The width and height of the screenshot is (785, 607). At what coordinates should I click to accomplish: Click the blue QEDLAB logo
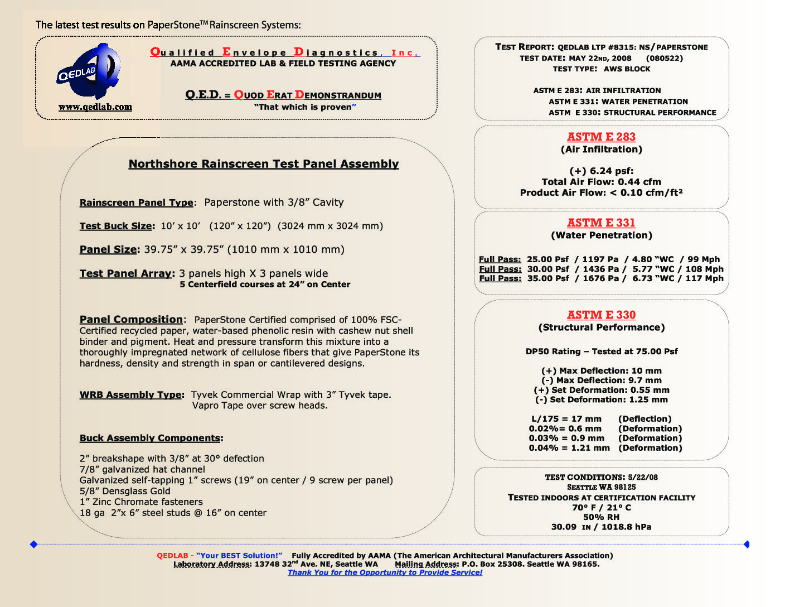pyautogui.click(x=89, y=71)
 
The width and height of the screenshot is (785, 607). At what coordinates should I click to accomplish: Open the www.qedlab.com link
pyautogui.click(x=95, y=107)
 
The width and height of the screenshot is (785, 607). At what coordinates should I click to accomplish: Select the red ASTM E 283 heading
pyautogui.click(x=601, y=137)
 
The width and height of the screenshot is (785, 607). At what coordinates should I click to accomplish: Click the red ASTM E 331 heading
pyautogui.click(x=601, y=223)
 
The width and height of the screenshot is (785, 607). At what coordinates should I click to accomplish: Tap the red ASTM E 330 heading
pyautogui.click(x=601, y=315)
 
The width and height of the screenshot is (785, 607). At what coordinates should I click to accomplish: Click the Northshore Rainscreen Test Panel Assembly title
pyautogui.click(x=264, y=164)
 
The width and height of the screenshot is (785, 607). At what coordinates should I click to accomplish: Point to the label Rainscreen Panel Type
pyautogui.click(x=137, y=203)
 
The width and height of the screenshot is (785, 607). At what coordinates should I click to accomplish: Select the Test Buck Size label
pyautogui.click(x=116, y=226)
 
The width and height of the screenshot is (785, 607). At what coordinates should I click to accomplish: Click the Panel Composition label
pyautogui.click(x=131, y=320)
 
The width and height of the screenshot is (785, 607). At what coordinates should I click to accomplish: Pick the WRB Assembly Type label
pyautogui.click(x=130, y=395)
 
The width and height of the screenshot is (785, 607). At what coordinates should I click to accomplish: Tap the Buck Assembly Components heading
pyautogui.click(x=150, y=439)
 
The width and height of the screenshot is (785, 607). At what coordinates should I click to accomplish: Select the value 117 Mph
pyautogui.click(x=705, y=278)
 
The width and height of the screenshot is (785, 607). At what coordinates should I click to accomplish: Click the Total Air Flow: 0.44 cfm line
pyautogui.click(x=601, y=182)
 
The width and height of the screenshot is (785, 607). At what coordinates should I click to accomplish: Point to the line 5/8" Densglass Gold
pyautogui.click(x=125, y=491)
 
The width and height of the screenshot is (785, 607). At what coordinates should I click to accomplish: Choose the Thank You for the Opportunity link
pyautogui.click(x=385, y=572)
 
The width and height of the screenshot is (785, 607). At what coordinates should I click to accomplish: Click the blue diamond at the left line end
pyautogui.click(x=33, y=544)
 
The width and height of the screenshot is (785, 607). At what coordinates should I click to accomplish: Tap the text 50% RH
pyautogui.click(x=601, y=517)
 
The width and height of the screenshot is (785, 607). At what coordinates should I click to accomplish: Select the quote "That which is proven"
pyautogui.click(x=305, y=107)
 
